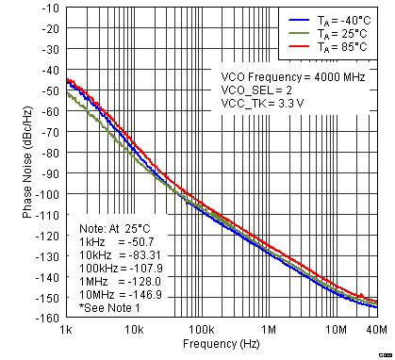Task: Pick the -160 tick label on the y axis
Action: (47, 318)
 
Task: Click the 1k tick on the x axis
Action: (65, 330)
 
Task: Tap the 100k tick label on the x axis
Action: (200, 330)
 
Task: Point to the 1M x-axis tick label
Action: (269, 330)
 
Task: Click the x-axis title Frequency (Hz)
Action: (222, 345)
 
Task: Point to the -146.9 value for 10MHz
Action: (136, 294)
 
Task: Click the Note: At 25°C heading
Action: (115, 228)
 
